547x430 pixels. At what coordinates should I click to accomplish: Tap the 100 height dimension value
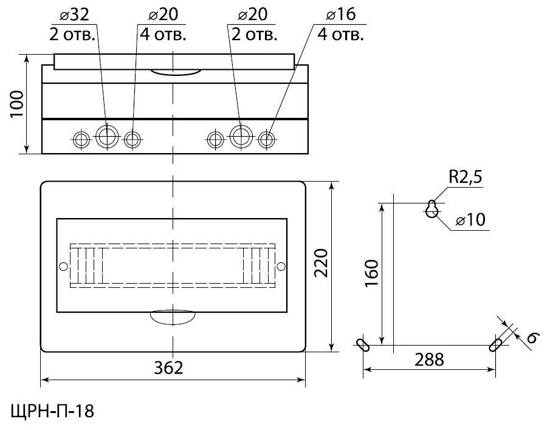pos(18,104)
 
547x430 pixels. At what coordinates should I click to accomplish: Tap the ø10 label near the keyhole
pos(470,220)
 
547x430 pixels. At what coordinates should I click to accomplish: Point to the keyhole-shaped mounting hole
pos(432,209)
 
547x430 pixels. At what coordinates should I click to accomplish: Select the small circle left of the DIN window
pos(63,267)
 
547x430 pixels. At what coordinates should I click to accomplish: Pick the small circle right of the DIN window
pos(280,267)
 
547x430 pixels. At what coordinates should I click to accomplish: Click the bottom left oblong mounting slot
pos(363,345)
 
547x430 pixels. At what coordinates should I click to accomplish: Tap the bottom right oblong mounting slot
pos(495,344)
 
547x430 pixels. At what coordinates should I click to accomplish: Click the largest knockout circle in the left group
pos(106,137)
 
